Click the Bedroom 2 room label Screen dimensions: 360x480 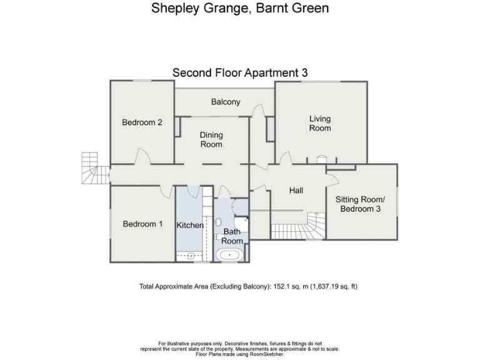(x=142, y=122)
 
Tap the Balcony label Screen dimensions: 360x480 (x=225, y=102)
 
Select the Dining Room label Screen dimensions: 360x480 (x=211, y=139)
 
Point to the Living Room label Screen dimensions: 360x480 (x=320, y=123)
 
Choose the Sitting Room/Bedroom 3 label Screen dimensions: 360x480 (x=361, y=204)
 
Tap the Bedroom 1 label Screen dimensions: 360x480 (x=142, y=224)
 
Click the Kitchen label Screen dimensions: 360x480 (x=190, y=225)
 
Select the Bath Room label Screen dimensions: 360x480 (x=232, y=236)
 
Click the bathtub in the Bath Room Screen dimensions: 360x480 (x=230, y=255)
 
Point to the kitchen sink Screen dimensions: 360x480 (x=190, y=256)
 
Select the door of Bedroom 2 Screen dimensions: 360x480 (x=142, y=155)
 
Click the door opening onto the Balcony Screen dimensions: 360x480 (x=257, y=111)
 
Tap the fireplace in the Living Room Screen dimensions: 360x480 (x=322, y=159)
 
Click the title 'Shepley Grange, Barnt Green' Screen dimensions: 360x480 (x=240, y=9)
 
